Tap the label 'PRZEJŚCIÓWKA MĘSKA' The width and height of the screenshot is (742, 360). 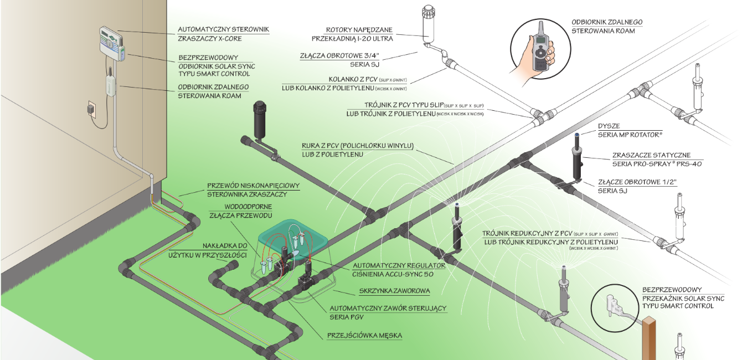[364, 335]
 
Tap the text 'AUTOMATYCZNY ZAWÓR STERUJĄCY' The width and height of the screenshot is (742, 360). [388, 308]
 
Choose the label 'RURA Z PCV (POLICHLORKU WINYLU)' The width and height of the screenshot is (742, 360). [358, 146]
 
